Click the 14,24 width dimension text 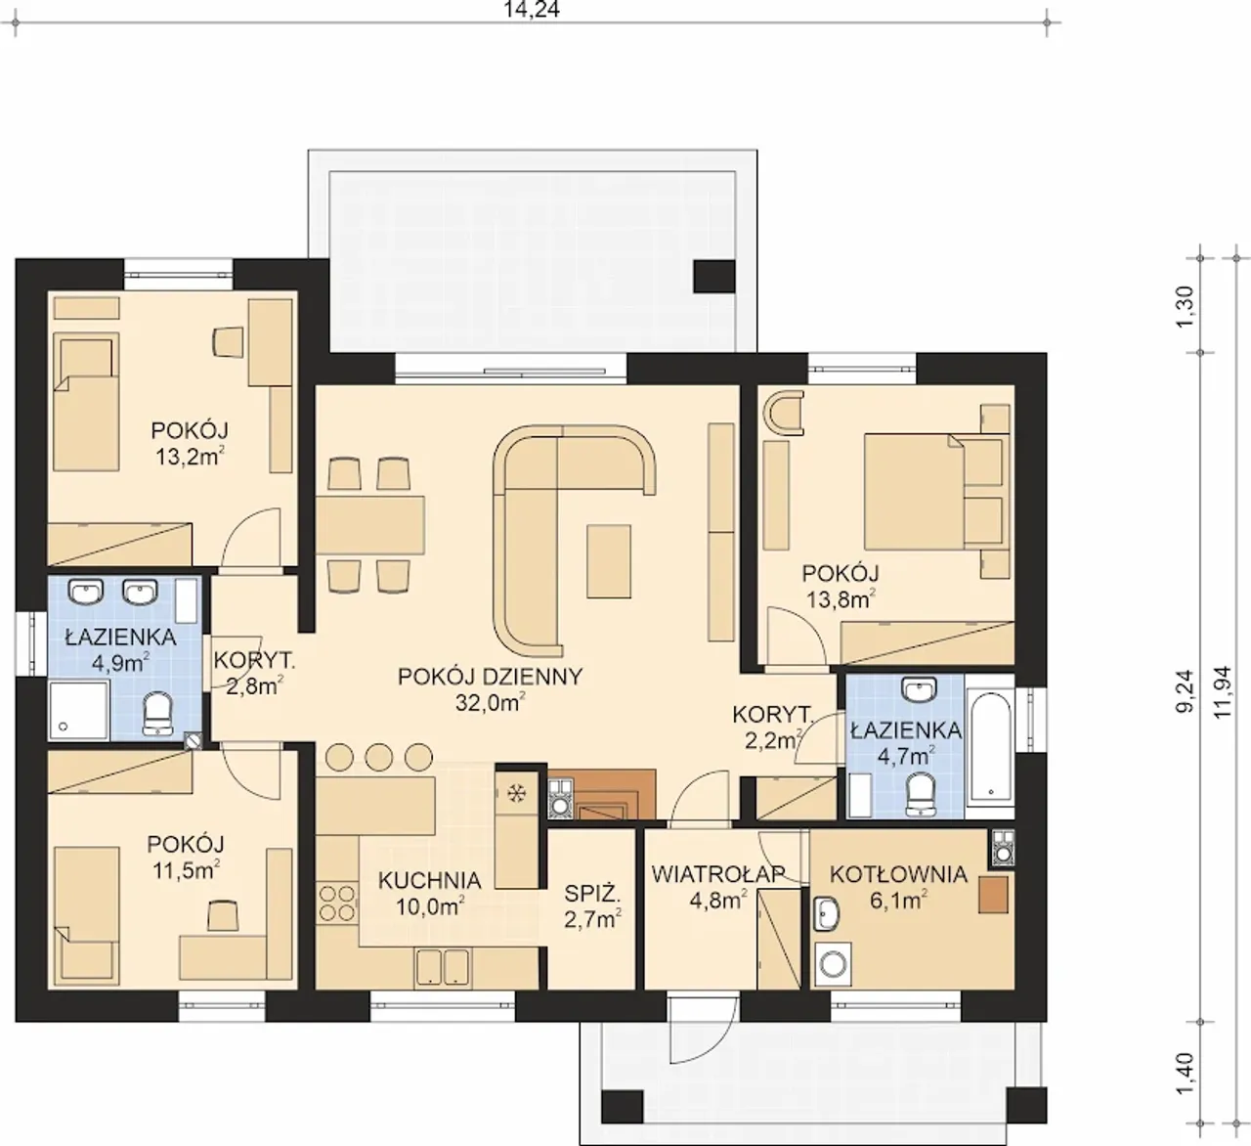pos(533,9)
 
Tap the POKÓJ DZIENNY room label pos(491,677)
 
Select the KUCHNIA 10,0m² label pos(430,893)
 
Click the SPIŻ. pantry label pos(592,894)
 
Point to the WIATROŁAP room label pos(717,874)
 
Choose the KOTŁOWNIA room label pos(898,874)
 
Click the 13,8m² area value pos(841,599)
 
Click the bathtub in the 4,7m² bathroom pos(989,746)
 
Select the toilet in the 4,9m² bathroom pos(157,715)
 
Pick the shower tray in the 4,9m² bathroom pos(79,710)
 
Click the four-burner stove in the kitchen pos(337,904)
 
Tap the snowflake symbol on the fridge pos(516,794)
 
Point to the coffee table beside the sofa pos(608,562)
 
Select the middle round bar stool pos(378,757)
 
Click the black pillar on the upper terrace pos(714,277)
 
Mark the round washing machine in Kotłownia pos(833,964)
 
